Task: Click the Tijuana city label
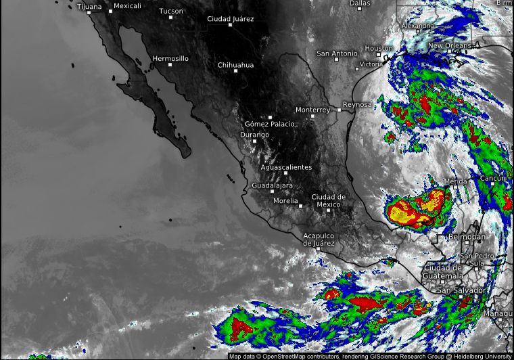[89, 7]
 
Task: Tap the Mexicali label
[127, 6]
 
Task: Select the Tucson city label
[170, 11]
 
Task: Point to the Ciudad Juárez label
[230, 19]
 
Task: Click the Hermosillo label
[170, 59]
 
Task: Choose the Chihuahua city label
[235, 65]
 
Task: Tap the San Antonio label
[337, 53]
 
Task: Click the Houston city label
[379, 48]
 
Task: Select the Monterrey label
[312, 110]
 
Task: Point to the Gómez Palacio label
[269, 124]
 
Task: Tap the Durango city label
[254, 135]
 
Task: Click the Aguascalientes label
[286, 166]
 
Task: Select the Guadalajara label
[272, 185]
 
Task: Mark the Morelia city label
[285, 200]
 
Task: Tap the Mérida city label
[455, 182]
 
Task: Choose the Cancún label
[492, 177]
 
